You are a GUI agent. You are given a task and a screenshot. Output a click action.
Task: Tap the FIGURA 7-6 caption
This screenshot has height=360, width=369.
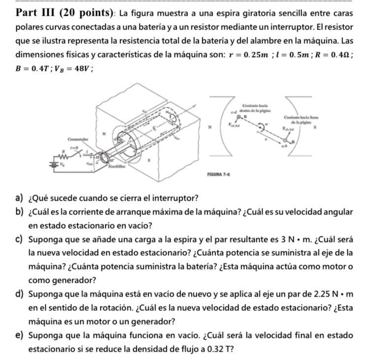point(220,175)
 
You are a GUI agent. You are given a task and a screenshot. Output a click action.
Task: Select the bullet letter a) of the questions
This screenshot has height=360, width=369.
point(20,199)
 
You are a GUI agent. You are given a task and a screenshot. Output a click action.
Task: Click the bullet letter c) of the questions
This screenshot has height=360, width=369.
point(20,240)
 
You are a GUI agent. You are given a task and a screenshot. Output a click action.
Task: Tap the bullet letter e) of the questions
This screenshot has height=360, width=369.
point(20,336)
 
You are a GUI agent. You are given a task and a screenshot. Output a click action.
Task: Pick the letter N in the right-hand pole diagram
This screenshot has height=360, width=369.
point(210,127)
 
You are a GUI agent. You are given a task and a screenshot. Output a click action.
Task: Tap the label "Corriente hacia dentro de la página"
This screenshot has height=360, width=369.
point(254,109)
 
